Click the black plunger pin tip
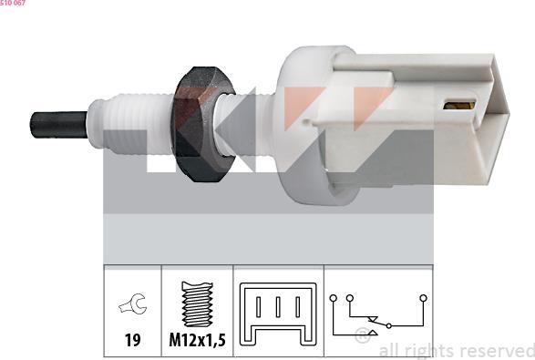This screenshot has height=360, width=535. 58,125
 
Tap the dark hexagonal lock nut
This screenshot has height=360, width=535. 203,124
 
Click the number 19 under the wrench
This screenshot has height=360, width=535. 132,340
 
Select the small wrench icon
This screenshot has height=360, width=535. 133,303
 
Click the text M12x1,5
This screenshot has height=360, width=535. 198,340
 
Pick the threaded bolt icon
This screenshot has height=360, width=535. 197,303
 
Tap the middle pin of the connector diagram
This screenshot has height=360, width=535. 278,307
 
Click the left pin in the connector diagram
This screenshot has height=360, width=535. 258,307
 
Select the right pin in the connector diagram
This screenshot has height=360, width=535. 298,307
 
